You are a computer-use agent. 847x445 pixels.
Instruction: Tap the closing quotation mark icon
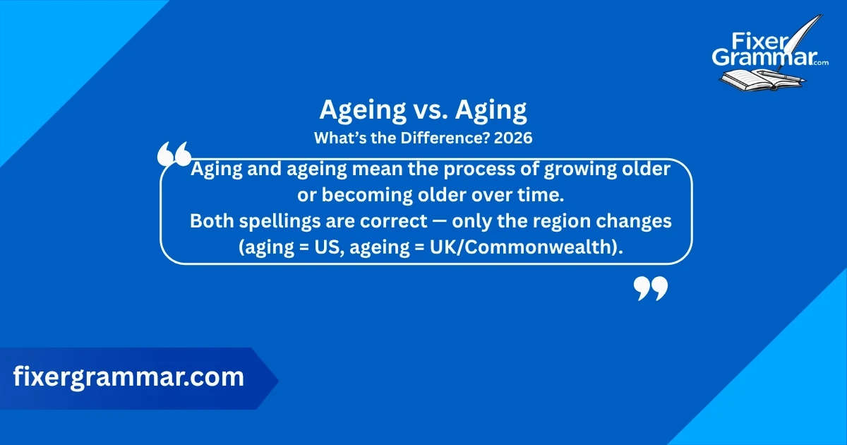(x=650, y=288)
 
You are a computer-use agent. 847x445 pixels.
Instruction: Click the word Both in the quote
(x=209, y=221)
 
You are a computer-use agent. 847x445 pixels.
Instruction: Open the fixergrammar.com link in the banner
(x=128, y=376)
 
